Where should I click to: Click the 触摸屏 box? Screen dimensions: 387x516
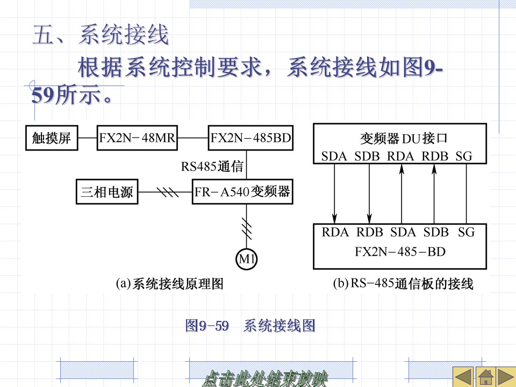52,138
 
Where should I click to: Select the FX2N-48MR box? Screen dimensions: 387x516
137,138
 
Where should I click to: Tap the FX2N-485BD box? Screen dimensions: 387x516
250,138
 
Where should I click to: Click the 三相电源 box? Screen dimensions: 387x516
107,192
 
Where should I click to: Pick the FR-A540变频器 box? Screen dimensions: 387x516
242,192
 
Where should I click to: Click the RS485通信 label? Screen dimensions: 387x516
212,167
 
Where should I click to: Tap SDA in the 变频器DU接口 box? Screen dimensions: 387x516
335,156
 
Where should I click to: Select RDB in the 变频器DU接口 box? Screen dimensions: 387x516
435,156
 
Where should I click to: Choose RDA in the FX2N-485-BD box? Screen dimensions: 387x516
335,232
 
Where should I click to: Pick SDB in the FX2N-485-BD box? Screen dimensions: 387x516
436,232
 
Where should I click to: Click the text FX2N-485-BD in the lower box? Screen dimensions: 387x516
400,251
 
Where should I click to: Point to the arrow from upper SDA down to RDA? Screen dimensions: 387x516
335,193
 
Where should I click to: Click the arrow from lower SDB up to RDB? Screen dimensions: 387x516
435,193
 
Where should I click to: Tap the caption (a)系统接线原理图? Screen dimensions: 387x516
170,284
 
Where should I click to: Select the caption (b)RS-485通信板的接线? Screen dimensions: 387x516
404,284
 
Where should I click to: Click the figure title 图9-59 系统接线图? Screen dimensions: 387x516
250,326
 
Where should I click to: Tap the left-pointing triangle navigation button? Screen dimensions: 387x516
463,377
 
